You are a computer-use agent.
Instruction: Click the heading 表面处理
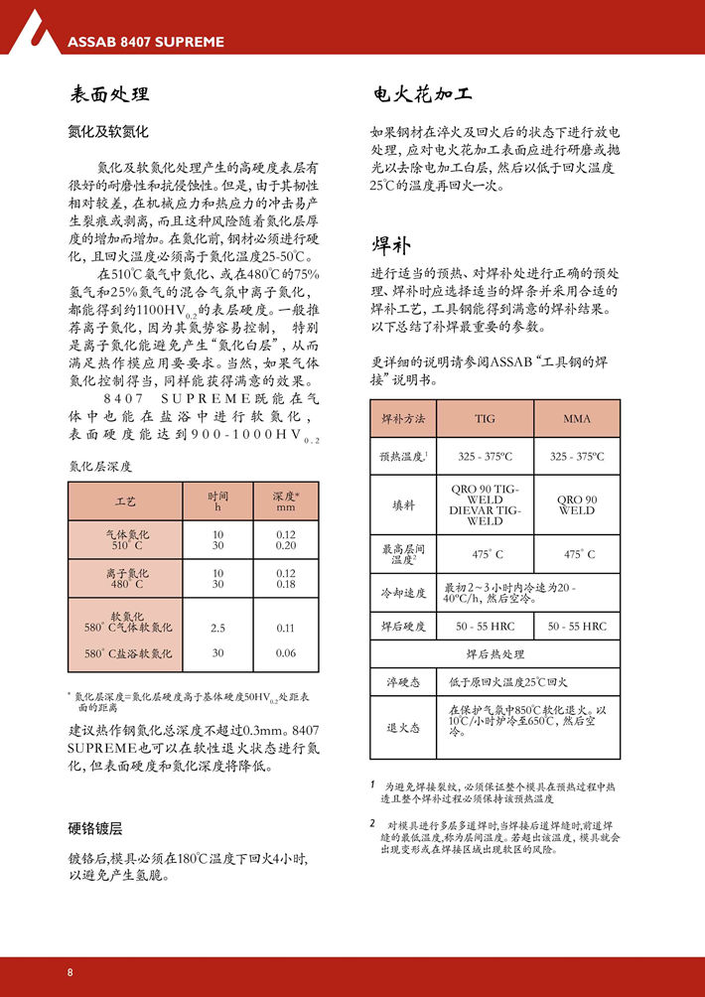coord(109,94)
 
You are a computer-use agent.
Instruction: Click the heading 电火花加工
coord(423,94)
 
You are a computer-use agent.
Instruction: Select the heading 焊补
coord(391,245)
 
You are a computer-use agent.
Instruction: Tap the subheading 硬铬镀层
coord(94,828)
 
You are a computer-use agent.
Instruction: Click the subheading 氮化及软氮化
coord(107,131)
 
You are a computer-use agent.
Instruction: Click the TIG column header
coord(485,419)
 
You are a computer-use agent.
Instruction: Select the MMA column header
coord(577,419)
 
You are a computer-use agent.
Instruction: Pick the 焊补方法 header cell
coord(403,419)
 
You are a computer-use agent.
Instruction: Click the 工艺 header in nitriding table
coord(125,501)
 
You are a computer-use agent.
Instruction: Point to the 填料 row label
coord(403,504)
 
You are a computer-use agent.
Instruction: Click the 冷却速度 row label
coord(403,593)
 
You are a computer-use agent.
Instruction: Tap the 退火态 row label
coord(403,727)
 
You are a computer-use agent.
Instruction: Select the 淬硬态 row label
coord(403,682)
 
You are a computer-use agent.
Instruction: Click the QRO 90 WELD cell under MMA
coord(577,504)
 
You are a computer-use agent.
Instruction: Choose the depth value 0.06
coord(286,653)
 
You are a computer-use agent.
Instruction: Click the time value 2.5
coord(217,628)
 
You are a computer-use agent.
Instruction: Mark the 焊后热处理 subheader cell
coord(495,654)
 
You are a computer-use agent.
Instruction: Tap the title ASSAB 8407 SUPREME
coord(146,43)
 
